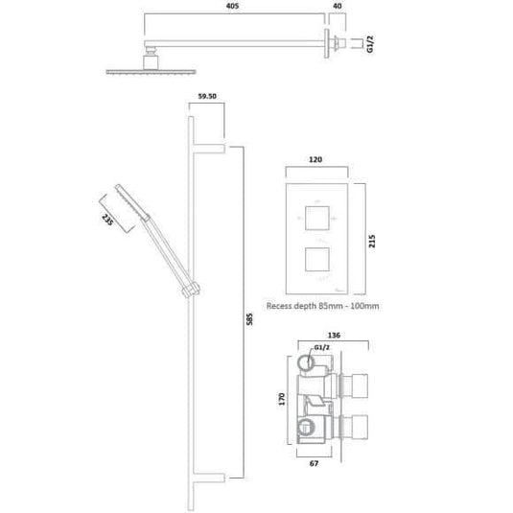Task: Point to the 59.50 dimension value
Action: click(x=208, y=96)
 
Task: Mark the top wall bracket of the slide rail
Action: click(x=210, y=148)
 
